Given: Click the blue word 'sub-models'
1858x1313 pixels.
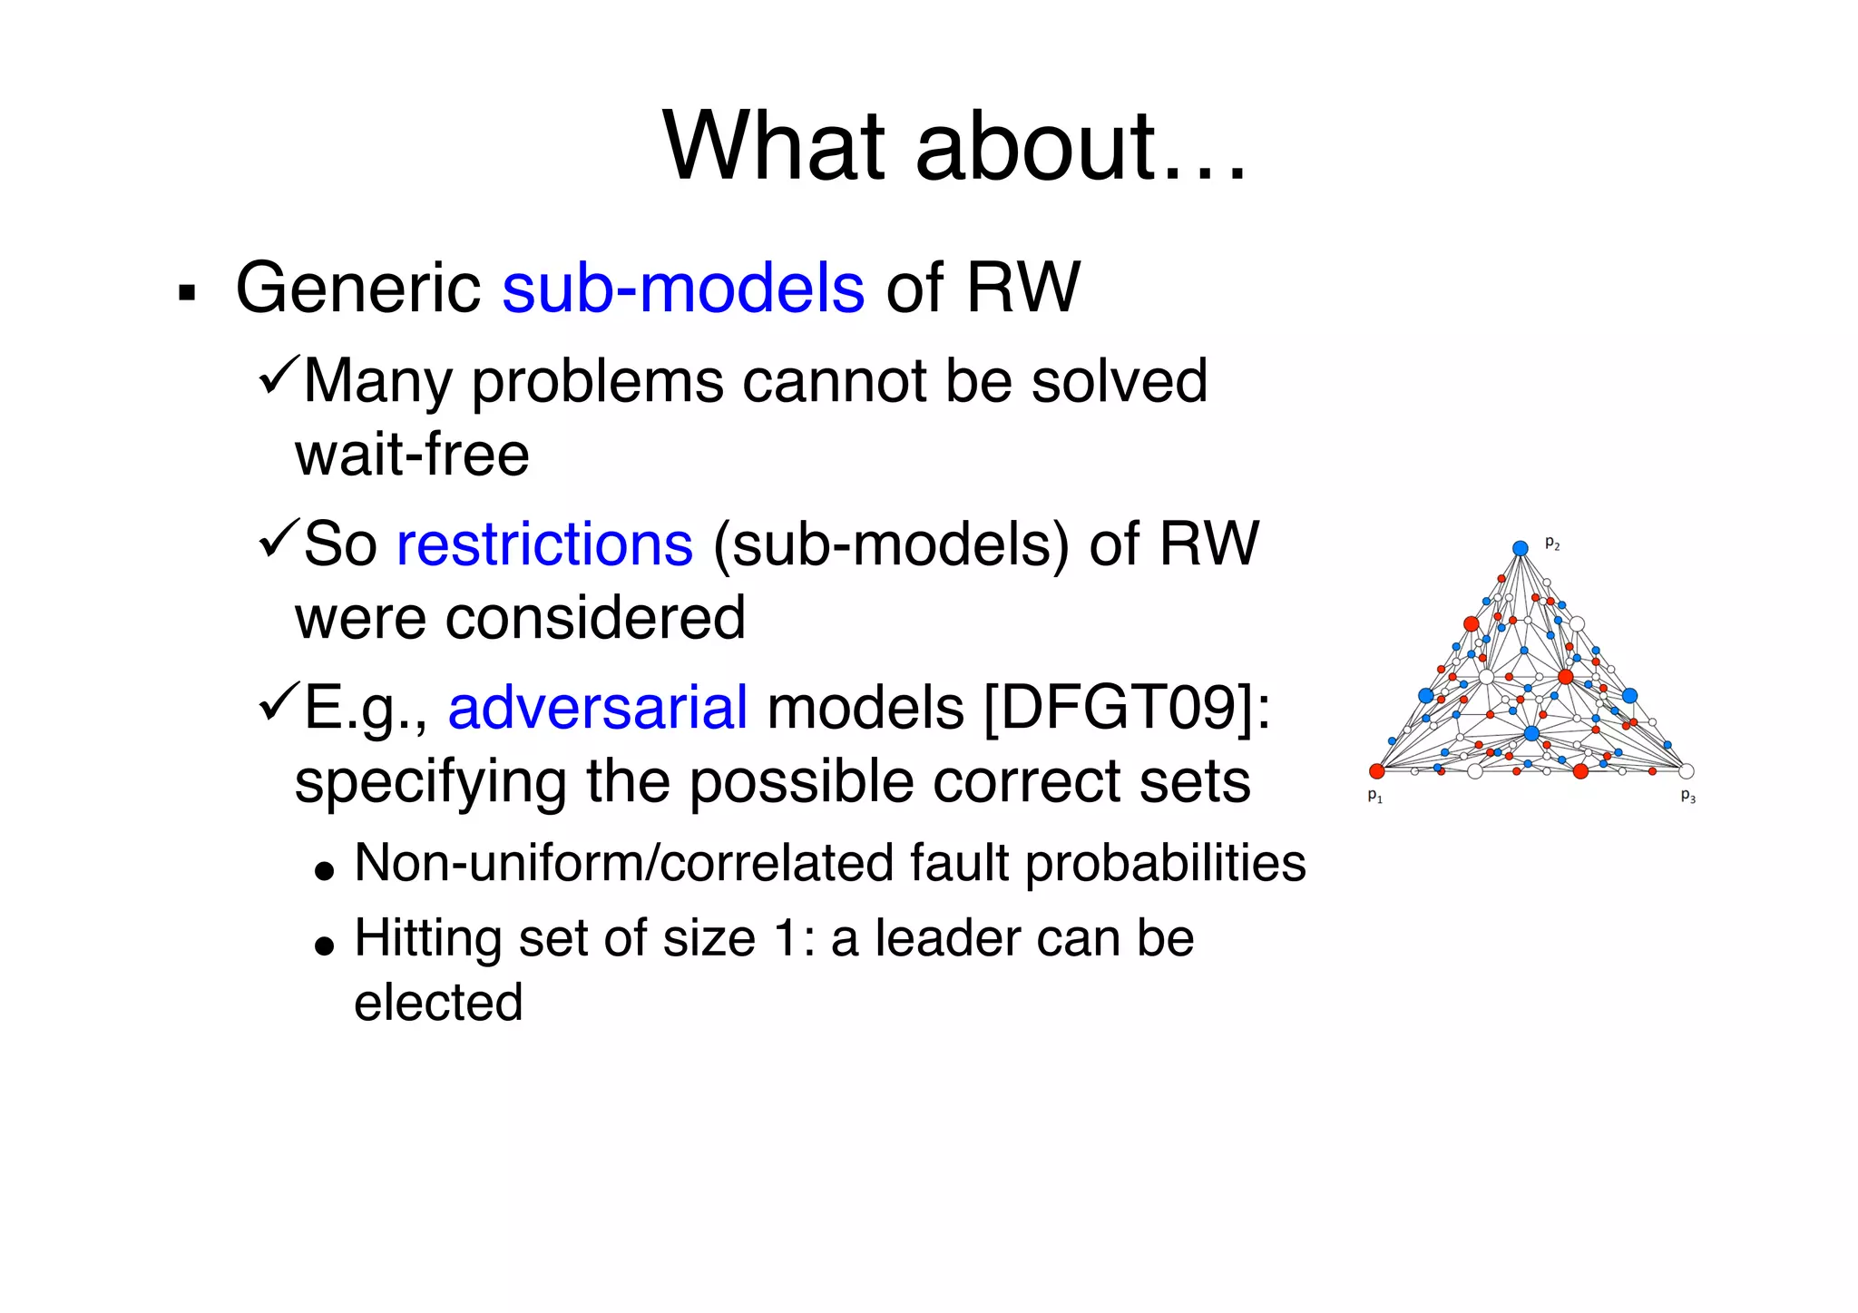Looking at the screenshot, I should [x=682, y=288].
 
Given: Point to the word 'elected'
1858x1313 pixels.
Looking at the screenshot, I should [x=438, y=1002].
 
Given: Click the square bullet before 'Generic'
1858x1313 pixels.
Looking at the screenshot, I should [x=188, y=293].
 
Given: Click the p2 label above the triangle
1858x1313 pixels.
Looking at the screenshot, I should [x=1551, y=544].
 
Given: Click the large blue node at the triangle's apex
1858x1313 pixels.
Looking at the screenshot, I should [x=1521, y=548].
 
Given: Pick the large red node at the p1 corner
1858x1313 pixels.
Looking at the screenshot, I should [x=1376, y=771].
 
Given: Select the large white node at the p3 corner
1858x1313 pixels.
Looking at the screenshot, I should [x=1686, y=771].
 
